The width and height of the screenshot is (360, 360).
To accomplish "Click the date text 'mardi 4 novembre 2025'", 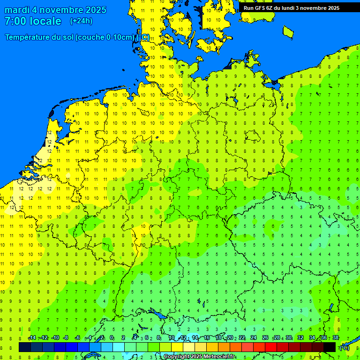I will click(55, 10).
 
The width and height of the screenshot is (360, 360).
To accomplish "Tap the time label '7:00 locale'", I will click(33, 21).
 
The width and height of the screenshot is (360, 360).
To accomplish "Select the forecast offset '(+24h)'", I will click(81, 21).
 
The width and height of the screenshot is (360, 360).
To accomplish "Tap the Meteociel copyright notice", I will click(199, 357).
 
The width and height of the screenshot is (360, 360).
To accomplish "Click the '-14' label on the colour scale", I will click(32, 338).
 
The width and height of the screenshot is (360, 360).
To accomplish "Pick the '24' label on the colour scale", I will click(253, 338).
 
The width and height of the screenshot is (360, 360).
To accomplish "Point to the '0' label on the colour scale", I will click(112, 338).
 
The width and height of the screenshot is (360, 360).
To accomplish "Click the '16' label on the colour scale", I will click(206, 338).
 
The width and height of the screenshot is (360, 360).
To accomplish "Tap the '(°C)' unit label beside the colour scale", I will click(345, 347).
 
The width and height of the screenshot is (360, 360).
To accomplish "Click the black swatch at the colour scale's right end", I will click(330, 347).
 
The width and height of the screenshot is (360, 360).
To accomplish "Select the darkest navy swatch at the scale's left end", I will click(25, 347).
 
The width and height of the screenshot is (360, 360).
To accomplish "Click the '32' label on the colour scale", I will click(300, 338).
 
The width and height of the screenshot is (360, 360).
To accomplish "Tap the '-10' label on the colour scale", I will click(55, 338).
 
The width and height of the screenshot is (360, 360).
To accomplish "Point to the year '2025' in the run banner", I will click(333, 8).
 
